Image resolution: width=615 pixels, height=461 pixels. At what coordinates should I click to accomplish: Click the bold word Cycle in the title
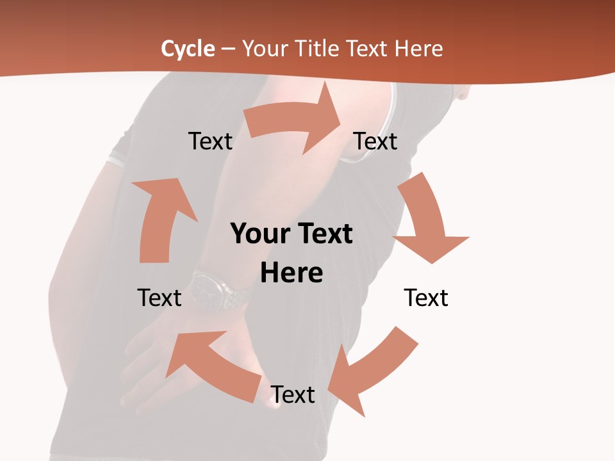tap(188, 49)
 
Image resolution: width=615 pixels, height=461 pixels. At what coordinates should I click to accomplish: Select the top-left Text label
tap(210, 141)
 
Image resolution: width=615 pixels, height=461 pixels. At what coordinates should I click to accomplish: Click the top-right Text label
tap(375, 141)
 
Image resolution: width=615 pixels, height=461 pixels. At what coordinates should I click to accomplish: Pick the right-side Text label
tap(426, 298)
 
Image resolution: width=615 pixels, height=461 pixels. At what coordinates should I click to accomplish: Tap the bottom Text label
tap(293, 394)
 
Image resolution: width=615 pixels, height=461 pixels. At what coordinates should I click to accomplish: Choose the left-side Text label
tap(160, 298)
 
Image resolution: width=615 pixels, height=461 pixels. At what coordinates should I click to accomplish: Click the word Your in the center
tap(259, 234)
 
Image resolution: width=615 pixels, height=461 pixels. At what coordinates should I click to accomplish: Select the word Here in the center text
tap(291, 273)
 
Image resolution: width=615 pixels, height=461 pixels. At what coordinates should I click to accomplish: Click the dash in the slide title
tap(229, 49)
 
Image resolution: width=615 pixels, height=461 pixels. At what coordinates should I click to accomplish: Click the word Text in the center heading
tap(324, 234)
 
